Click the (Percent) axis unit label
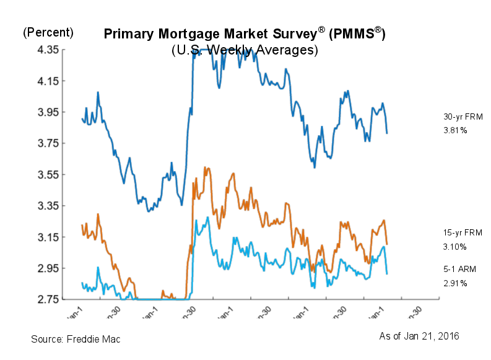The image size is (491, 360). tap(48, 32)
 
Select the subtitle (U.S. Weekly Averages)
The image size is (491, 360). tap(245, 50)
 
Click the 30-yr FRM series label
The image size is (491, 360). tap(458, 116)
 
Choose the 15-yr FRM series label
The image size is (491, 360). tap(458, 232)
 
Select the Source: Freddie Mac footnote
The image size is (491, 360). tap(76, 339)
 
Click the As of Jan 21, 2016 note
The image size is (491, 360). tap(419, 336)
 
